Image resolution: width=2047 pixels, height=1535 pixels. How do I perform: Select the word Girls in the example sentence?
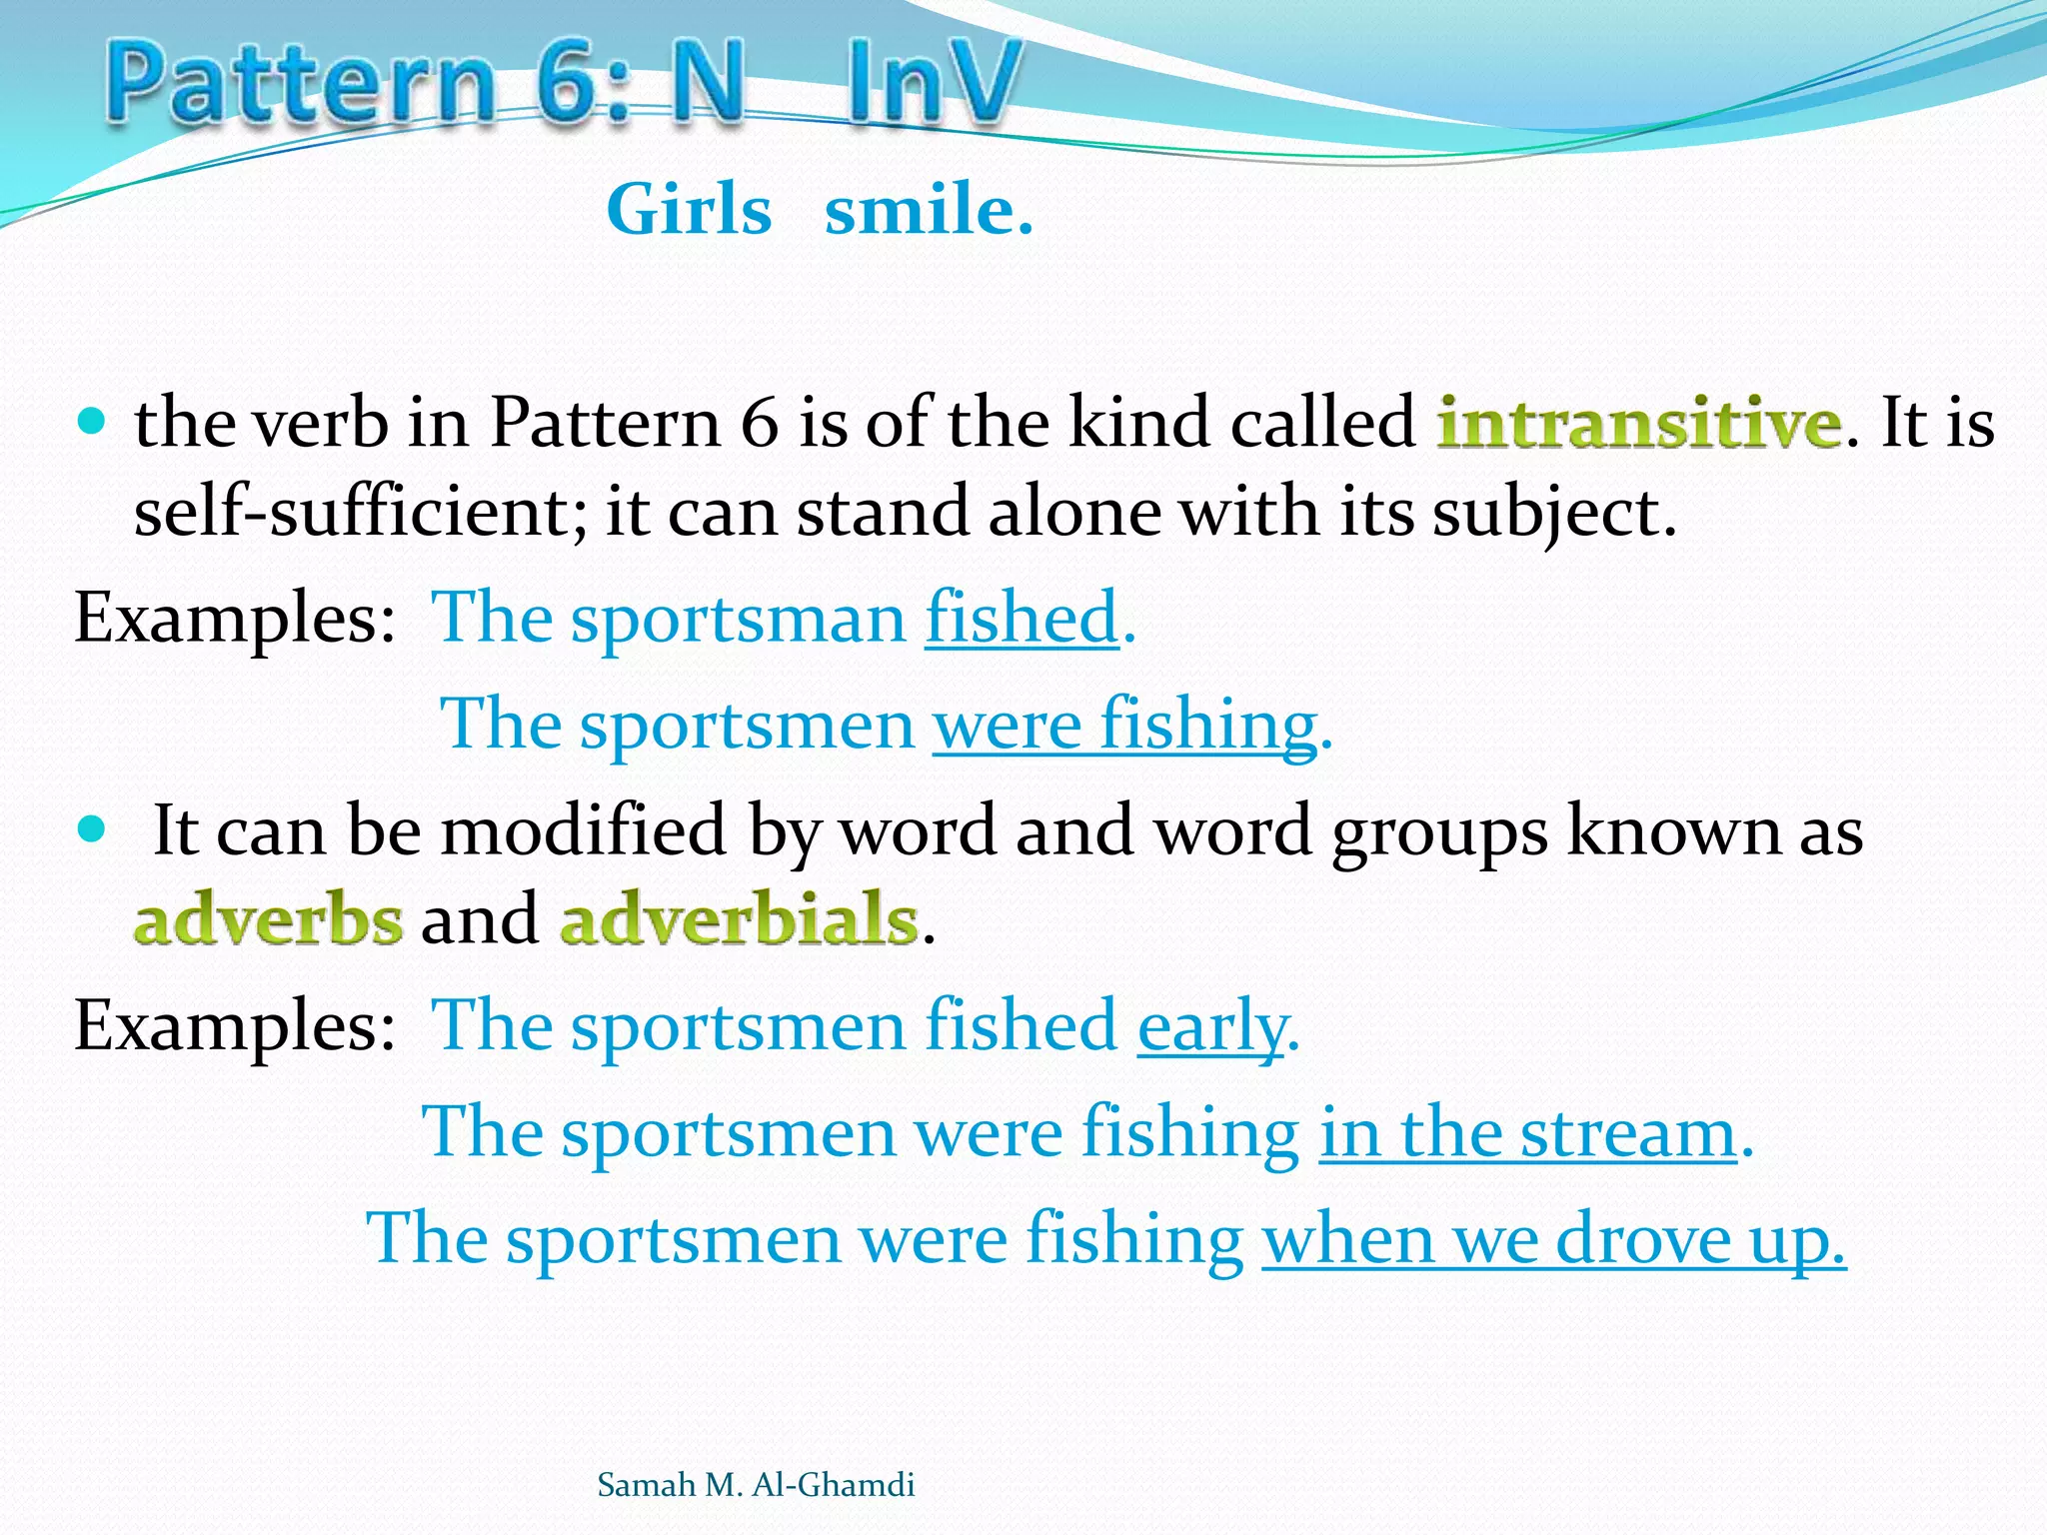[689, 211]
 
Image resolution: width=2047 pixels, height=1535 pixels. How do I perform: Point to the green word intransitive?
[1638, 424]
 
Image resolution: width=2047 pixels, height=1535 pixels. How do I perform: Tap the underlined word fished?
[1022, 619]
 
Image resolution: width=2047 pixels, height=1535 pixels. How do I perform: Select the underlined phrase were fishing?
[1124, 725]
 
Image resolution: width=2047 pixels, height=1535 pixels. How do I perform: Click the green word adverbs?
[269, 919]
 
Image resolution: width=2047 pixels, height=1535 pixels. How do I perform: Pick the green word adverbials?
[739, 919]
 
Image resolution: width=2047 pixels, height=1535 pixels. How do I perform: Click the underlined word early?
[1212, 1027]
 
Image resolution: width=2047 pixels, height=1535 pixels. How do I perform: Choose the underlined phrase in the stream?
[1528, 1133]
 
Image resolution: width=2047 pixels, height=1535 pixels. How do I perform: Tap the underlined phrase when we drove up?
[1553, 1239]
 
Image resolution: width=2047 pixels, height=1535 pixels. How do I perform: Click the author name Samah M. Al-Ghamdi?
[756, 1485]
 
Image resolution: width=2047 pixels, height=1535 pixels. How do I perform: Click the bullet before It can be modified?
[91, 828]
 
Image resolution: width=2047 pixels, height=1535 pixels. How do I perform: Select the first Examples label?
[235, 619]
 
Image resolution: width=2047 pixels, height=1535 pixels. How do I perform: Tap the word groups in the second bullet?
[1439, 831]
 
